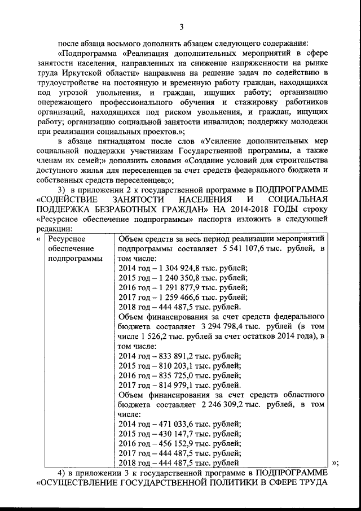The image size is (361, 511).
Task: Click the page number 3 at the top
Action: (181, 25)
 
